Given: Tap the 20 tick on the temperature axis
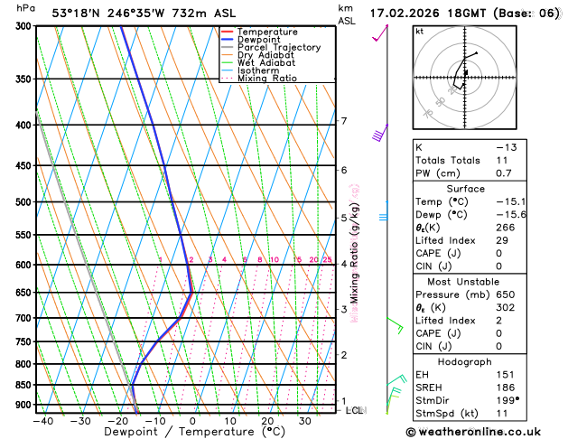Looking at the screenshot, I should pyautogui.click(x=268, y=421).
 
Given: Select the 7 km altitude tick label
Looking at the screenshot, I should pyautogui.click(x=343, y=121).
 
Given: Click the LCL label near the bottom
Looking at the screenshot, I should pyautogui.click(x=355, y=410).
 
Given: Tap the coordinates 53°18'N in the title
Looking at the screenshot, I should pyautogui.click(x=78, y=13).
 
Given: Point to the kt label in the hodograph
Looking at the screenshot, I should pyautogui.click(x=419, y=31).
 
